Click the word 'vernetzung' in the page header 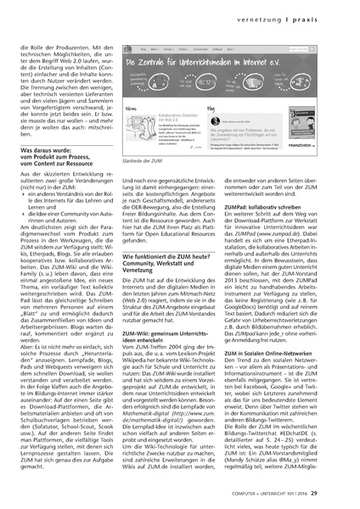pos(288,16)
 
